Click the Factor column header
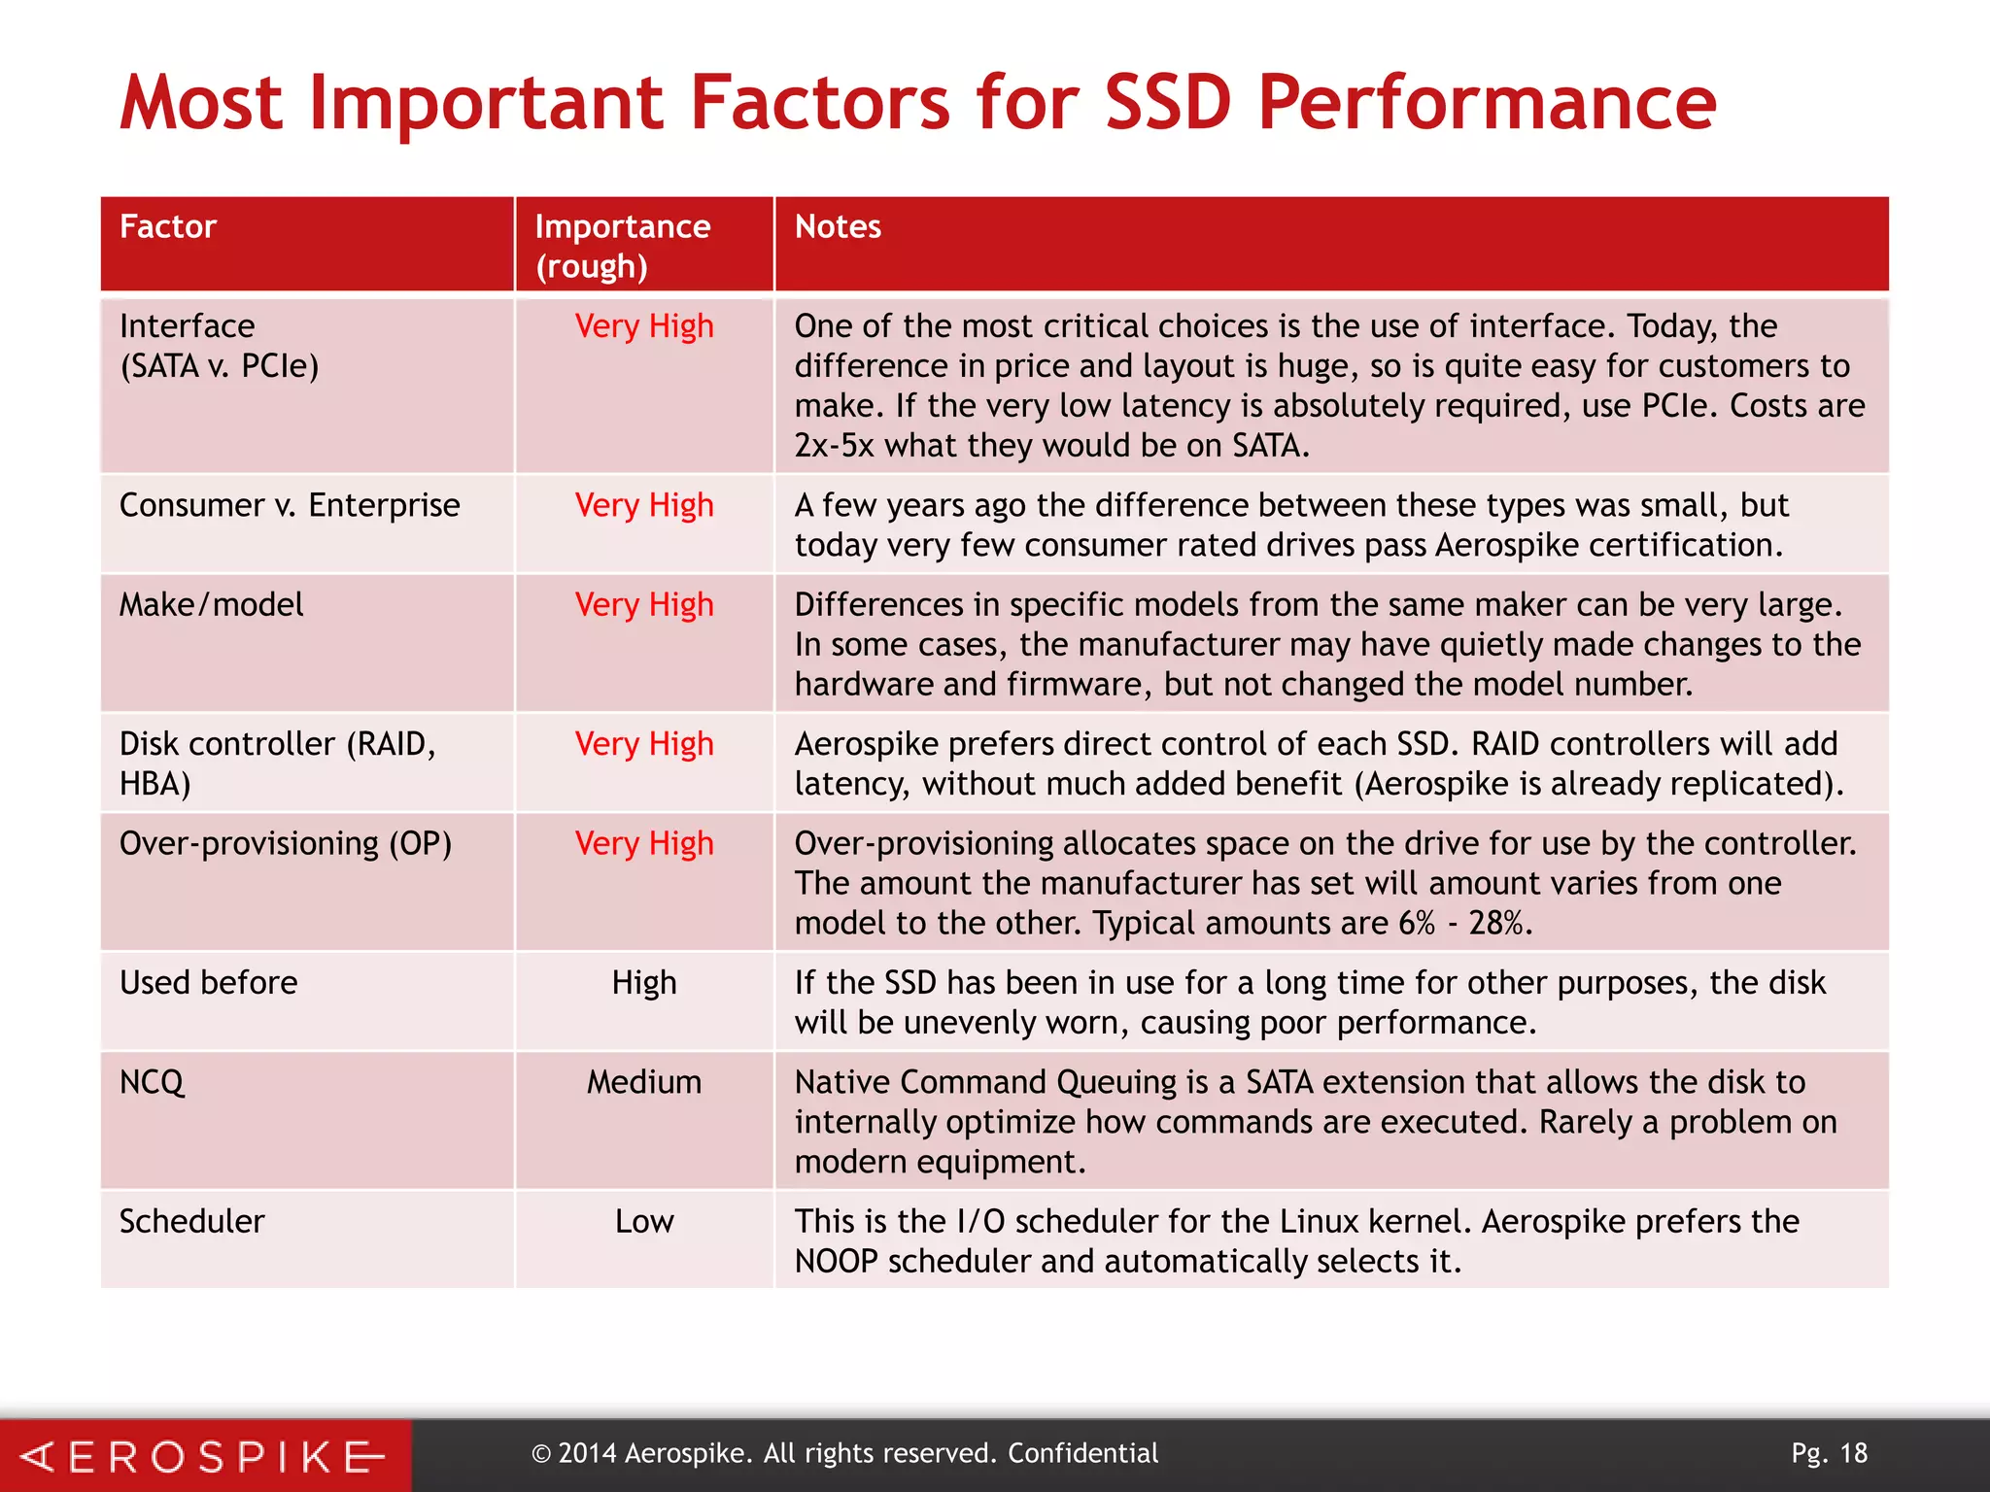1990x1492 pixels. [167, 226]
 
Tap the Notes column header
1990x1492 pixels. [838, 226]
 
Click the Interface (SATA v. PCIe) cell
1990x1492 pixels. [220, 346]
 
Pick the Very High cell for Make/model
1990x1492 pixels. [644, 605]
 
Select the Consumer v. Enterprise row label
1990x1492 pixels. [290, 505]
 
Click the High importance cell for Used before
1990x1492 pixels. [644, 983]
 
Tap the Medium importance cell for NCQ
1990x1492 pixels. [644, 1082]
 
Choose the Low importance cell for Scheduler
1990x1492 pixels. [644, 1221]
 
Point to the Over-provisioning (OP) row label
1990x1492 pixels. [286, 843]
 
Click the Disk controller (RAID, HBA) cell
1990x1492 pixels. [277, 763]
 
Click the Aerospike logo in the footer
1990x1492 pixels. [204, 1456]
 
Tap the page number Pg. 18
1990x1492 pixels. [1829, 1453]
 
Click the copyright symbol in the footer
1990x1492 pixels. [541, 1454]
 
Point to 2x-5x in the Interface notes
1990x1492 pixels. [834, 446]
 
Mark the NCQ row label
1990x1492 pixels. [152, 1082]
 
